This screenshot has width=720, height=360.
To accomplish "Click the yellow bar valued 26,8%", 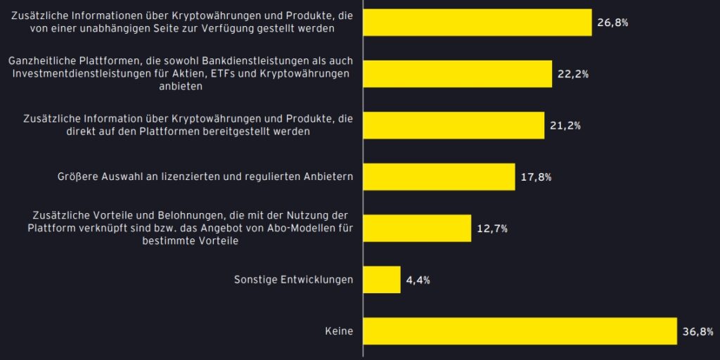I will pyautogui.click(x=477, y=22).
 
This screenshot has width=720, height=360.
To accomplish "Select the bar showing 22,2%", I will pyautogui.click(x=458, y=74).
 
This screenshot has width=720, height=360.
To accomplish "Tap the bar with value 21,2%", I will pyautogui.click(x=454, y=125).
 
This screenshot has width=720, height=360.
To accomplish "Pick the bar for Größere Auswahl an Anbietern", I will pyautogui.click(x=439, y=176).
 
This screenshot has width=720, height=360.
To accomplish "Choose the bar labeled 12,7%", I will pyautogui.click(x=417, y=228).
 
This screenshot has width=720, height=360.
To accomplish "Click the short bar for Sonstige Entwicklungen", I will pyautogui.click(x=382, y=279).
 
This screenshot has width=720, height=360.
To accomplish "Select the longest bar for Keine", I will pyautogui.click(x=520, y=330).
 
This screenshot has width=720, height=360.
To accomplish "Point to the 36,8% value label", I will pyautogui.click(x=697, y=331).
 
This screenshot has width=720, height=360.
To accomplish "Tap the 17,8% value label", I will pyautogui.click(x=536, y=177).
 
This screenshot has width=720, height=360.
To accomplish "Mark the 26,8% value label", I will pyautogui.click(x=612, y=23).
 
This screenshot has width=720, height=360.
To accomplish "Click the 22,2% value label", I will pyautogui.click(x=572, y=75).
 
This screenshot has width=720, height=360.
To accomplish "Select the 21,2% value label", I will pyautogui.click(x=565, y=126).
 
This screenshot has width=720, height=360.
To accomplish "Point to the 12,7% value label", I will pyautogui.click(x=491, y=229).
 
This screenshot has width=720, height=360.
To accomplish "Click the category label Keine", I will pyautogui.click(x=340, y=331).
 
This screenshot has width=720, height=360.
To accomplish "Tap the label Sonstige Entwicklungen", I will pyautogui.click(x=293, y=280).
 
